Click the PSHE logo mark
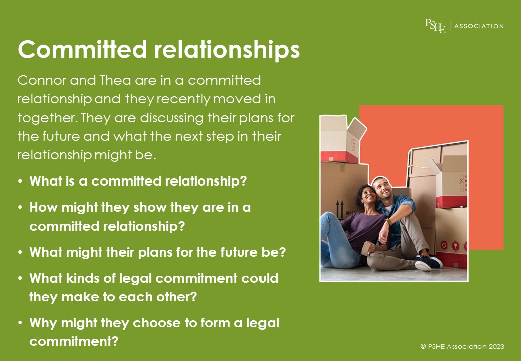tap(435, 26)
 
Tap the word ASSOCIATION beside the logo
tap(479, 26)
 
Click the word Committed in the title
tap(82, 49)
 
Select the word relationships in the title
tap(227, 50)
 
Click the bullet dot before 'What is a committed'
tap(20, 182)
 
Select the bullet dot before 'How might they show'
tap(20, 208)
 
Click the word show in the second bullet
tap(150, 208)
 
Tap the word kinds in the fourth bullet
tap(82, 279)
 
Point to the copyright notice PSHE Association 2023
tap(462, 346)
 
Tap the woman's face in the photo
tap(368, 194)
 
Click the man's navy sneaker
tap(429, 263)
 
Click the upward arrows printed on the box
tap(340, 209)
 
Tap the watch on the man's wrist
tap(388, 221)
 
